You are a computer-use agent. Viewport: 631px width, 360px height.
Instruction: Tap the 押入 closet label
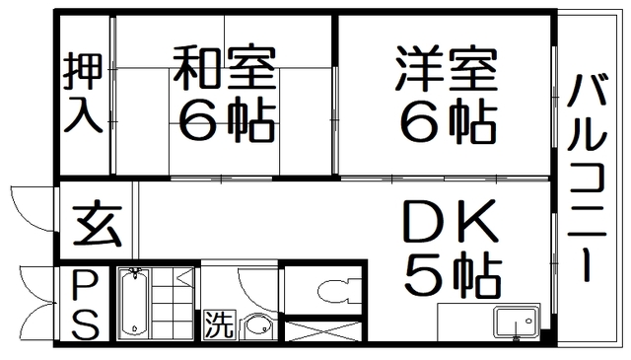coord(82,96)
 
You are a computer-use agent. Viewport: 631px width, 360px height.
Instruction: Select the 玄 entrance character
coord(97,226)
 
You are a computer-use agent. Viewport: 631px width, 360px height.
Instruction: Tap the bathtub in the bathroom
coord(134,304)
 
